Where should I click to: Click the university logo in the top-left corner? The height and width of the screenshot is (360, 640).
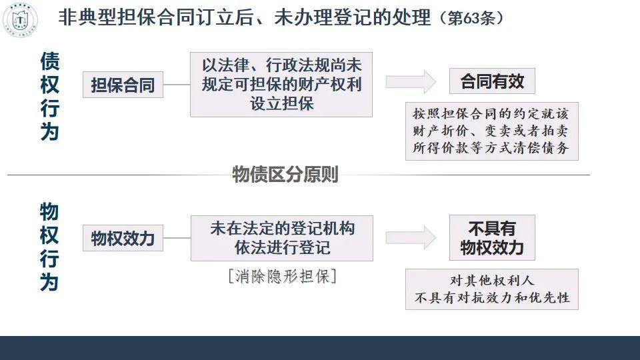click(x=21, y=19)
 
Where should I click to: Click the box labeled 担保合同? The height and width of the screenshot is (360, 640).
click(x=123, y=85)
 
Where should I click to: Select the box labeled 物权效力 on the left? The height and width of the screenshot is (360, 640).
click(x=123, y=237)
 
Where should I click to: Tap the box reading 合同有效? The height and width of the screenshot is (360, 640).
click(x=492, y=82)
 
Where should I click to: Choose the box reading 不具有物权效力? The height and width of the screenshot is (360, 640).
click(x=492, y=237)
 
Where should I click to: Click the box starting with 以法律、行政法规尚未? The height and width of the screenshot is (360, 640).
click(x=281, y=85)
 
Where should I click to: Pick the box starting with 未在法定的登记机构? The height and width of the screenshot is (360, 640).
click(x=281, y=238)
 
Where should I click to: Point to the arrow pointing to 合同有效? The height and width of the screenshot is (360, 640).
click(x=411, y=82)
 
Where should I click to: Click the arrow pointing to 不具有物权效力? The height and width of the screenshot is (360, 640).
click(x=411, y=238)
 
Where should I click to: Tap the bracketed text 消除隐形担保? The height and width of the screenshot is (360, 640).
click(x=281, y=276)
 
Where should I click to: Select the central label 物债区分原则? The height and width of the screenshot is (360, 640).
click(x=285, y=175)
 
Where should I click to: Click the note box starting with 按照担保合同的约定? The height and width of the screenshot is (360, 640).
click(x=491, y=131)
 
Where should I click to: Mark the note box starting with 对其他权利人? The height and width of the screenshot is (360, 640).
click(x=491, y=289)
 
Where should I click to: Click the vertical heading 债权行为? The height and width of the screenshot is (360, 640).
click(x=50, y=96)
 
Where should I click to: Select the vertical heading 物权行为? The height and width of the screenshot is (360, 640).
click(x=50, y=247)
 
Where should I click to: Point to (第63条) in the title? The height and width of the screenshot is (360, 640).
click(x=471, y=18)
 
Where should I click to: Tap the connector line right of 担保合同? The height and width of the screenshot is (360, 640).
click(x=177, y=85)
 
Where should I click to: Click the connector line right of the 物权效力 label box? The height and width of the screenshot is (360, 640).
click(x=177, y=237)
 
